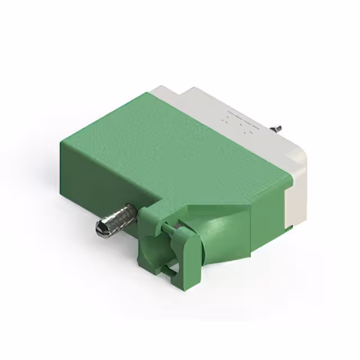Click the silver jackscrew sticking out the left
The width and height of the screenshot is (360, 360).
pos(115,220)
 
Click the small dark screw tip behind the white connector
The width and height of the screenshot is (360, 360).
pos(278,130)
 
